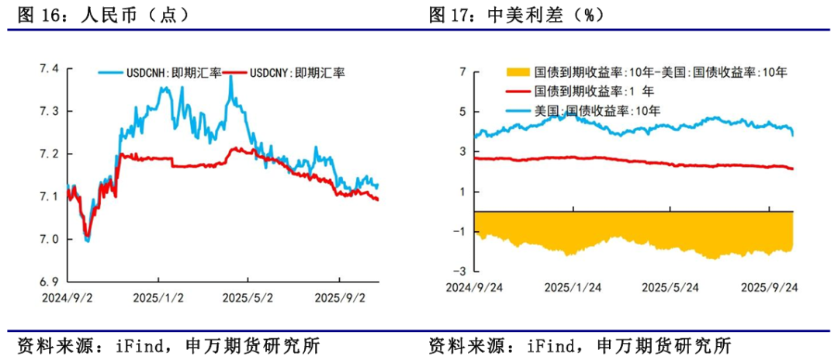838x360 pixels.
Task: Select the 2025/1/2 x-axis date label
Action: (x=157, y=297)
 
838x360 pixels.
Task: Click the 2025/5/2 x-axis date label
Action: (x=247, y=297)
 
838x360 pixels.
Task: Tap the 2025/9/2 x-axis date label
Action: (x=338, y=297)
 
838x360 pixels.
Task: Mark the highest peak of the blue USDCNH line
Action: (x=231, y=77)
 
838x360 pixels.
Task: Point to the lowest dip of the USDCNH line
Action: (x=86, y=241)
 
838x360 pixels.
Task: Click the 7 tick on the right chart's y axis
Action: (x=462, y=72)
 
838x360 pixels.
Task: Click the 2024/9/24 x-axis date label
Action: (x=473, y=287)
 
